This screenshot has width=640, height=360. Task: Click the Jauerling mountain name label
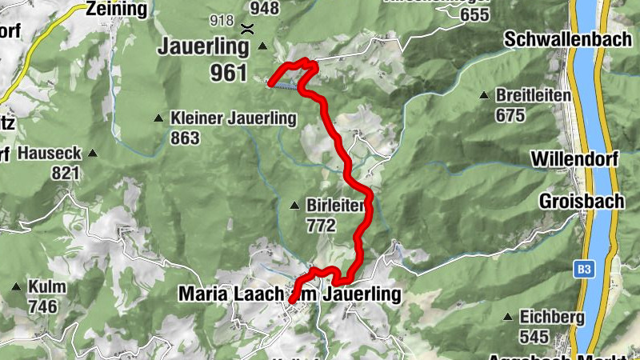(205, 46)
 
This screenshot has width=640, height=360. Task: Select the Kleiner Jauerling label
(233, 118)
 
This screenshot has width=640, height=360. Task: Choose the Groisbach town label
(581, 202)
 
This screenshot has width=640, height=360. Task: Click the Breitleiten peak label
(533, 96)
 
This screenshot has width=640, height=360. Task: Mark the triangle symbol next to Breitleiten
(483, 96)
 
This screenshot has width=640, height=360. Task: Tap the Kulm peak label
(46, 287)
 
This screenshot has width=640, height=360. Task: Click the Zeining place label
(118, 10)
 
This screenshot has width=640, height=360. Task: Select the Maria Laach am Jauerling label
(289, 294)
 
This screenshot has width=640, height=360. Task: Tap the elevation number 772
(321, 225)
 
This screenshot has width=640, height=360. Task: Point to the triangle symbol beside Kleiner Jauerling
(158, 118)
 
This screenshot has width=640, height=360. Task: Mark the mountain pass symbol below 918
(248, 29)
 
